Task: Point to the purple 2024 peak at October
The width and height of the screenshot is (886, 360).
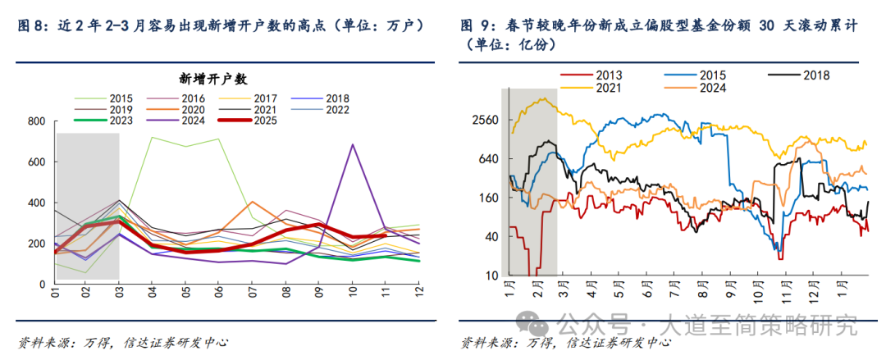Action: [x=353, y=145]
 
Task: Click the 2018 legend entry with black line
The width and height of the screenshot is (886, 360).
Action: [x=815, y=75]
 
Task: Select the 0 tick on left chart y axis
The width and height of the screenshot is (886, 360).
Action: [x=43, y=284]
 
